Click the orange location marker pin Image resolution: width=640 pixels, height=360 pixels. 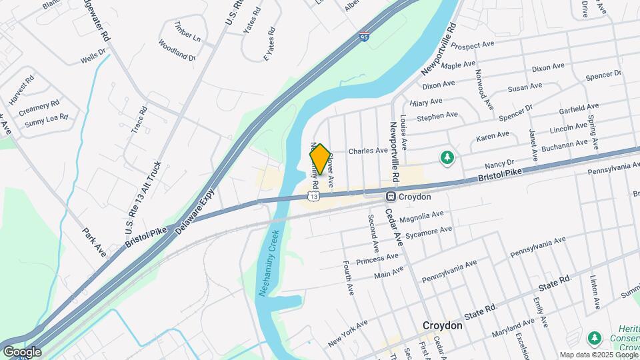320,159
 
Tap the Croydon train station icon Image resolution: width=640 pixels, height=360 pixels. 392,197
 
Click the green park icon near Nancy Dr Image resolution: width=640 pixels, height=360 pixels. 447,157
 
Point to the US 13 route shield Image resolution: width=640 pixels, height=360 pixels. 313,195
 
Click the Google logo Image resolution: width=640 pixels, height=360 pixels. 23,351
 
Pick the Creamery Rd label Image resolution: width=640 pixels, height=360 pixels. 39,106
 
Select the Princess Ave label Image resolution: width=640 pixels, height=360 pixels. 377,257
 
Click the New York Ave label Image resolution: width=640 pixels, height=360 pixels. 347,334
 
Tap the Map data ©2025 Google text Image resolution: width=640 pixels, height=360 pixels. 598,354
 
